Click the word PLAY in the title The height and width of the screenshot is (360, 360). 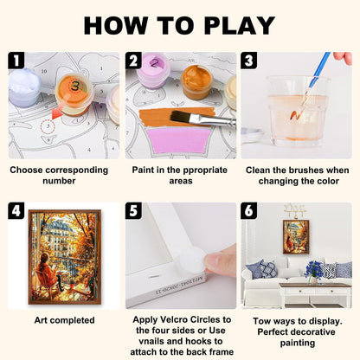pyautogui.click(x=240, y=25)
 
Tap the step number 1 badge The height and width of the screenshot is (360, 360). pyautogui.click(x=16, y=61)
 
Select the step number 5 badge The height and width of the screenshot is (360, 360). pyautogui.click(x=133, y=211)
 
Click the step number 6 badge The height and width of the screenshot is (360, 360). pyautogui.click(x=249, y=211)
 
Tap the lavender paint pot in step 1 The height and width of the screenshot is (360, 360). pyautogui.click(x=24, y=87)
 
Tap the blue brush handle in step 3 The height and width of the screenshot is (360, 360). pyautogui.click(x=319, y=69)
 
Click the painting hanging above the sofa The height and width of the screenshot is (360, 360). pyautogui.click(x=296, y=237)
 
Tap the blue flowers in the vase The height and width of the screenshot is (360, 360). pyautogui.click(x=312, y=268)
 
